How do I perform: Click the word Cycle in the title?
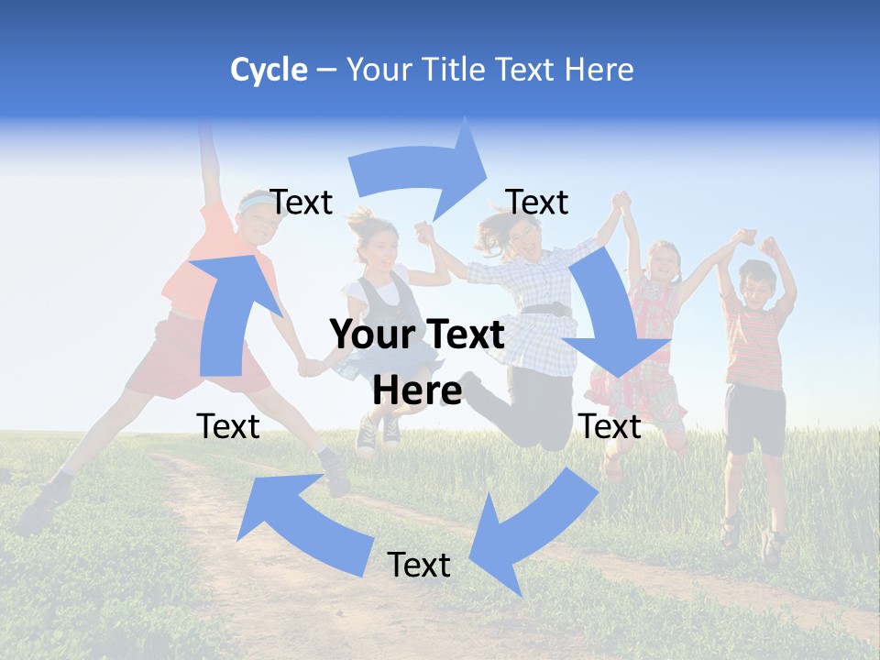[269, 70]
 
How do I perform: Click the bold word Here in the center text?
[417, 390]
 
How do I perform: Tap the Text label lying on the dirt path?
[419, 565]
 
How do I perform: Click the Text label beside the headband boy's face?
[302, 202]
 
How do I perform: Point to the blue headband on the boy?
[251, 201]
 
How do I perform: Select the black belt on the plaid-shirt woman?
[546, 309]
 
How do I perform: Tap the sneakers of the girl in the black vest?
[378, 434]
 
